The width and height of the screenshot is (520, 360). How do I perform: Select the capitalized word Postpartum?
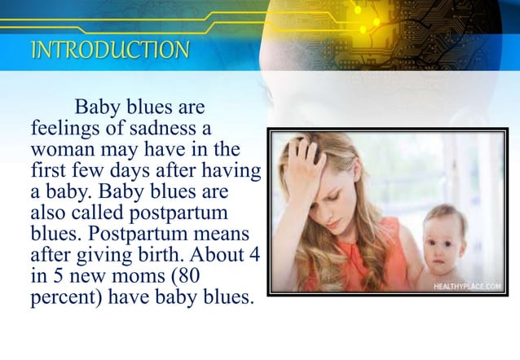tap(156, 235)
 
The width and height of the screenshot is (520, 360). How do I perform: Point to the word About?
tap(227, 256)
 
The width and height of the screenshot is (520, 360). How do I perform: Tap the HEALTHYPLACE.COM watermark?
tap(467, 285)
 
